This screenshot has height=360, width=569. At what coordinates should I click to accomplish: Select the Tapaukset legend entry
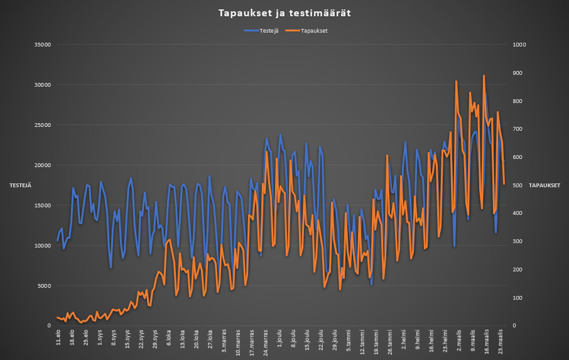[309, 30]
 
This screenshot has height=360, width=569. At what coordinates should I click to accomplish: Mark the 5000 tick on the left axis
[43, 286]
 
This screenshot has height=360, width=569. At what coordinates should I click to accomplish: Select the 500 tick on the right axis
[521, 185]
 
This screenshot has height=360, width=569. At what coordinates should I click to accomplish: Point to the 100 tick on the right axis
[521, 298]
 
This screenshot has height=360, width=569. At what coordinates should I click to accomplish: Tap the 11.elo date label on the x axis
[58, 337]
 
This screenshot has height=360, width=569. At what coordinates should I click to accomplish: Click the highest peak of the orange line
[484, 75]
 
